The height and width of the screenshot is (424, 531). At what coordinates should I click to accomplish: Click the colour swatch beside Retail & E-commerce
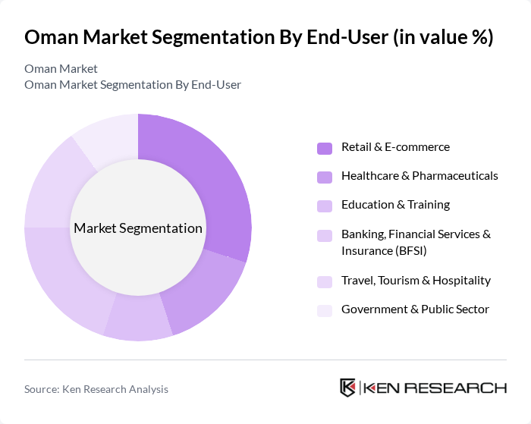(x=325, y=148)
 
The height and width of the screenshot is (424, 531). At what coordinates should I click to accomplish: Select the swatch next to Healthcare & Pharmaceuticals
(x=325, y=177)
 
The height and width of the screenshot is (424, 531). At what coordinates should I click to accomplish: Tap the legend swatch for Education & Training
(x=325, y=206)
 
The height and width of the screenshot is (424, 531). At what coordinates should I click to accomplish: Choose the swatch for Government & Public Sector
(x=325, y=310)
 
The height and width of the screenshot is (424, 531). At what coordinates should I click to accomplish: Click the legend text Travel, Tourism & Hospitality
(x=416, y=280)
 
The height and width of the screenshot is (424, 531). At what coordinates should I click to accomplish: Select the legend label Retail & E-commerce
(x=395, y=147)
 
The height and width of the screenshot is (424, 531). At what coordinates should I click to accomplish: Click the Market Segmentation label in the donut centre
(x=138, y=228)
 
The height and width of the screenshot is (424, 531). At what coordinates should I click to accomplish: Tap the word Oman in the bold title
(x=52, y=37)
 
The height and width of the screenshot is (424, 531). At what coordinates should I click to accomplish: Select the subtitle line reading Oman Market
(x=61, y=69)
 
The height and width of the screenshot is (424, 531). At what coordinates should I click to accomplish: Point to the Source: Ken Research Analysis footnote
(x=96, y=389)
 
